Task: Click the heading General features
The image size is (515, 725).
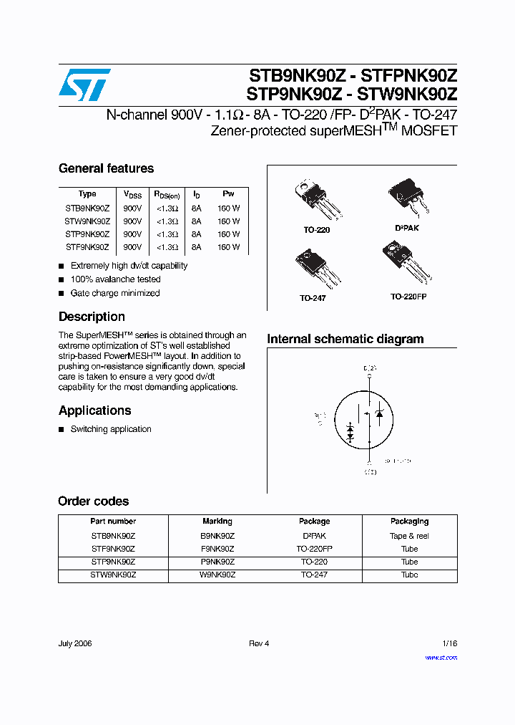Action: point(106,169)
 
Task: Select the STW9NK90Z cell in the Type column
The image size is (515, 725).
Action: point(87,221)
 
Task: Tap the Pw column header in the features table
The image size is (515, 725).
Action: point(228,194)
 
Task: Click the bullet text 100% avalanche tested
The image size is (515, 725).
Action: point(115,279)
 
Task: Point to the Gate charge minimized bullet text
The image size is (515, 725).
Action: point(114,293)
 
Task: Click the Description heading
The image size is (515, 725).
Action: point(92,317)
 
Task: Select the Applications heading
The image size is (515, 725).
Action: point(94,410)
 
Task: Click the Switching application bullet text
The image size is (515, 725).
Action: point(111,429)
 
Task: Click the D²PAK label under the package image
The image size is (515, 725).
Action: point(407,228)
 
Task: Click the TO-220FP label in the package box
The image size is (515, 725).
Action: point(409,296)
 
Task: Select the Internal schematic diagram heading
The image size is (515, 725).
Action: point(345,340)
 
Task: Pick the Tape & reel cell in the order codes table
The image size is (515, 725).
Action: point(409,536)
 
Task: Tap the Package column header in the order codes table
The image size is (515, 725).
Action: point(314,522)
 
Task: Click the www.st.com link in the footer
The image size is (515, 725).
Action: point(441,658)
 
